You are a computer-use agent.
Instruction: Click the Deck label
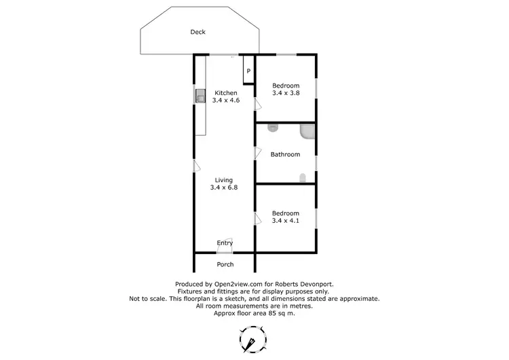coord(197,32)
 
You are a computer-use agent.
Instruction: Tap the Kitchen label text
coord(226,92)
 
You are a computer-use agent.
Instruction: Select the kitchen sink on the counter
coord(200,97)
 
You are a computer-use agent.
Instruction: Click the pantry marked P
coord(248,71)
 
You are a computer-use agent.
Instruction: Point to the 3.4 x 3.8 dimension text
coord(285,93)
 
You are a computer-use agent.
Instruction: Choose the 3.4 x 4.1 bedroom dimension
coord(285,221)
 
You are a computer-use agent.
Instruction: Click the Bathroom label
coord(285,154)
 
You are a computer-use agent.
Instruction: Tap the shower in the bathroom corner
coord(307,132)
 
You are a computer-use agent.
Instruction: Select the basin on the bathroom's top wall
coord(274,127)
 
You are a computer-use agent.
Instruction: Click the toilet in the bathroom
coord(303,179)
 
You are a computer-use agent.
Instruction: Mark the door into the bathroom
coord(257,153)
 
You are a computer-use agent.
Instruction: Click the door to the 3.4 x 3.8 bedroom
coord(257,104)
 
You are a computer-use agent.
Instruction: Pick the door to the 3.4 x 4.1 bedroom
coord(257,218)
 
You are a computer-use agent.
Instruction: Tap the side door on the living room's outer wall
coord(195,165)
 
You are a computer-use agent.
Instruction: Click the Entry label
coord(225,242)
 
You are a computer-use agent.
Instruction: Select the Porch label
coord(225,264)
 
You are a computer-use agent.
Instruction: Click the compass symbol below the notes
coord(252,338)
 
